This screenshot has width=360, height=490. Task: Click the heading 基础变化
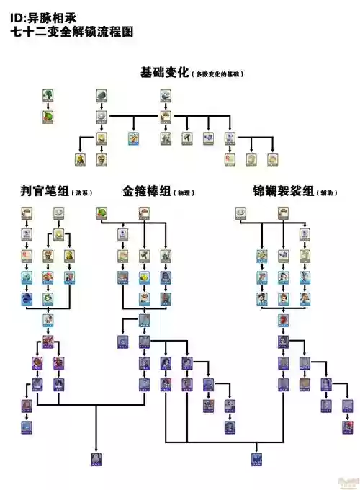[164, 73]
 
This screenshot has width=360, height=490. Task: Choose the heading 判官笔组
[44, 192]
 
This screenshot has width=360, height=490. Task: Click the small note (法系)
[81, 193]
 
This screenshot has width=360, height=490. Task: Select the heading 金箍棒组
[146, 192]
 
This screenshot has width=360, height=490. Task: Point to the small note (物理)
[184, 193]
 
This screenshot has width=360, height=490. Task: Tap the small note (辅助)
[328, 193]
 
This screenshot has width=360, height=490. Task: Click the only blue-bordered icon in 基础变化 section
[133, 138]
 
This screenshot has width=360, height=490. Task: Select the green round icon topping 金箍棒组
[102, 213]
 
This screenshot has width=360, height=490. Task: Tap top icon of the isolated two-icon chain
[48, 95]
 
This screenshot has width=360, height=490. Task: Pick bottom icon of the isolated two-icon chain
[48, 116]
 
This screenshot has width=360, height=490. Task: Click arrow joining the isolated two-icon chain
[48, 105]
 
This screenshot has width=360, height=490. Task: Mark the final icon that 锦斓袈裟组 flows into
[256, 458]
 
